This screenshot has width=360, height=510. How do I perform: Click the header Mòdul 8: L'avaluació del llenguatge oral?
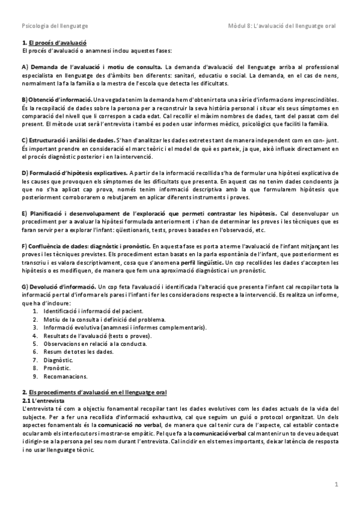click(x=282, y=26)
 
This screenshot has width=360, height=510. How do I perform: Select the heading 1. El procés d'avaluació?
click(x=54, y=43)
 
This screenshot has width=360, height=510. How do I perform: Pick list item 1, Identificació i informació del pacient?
click(x=93, y=311)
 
